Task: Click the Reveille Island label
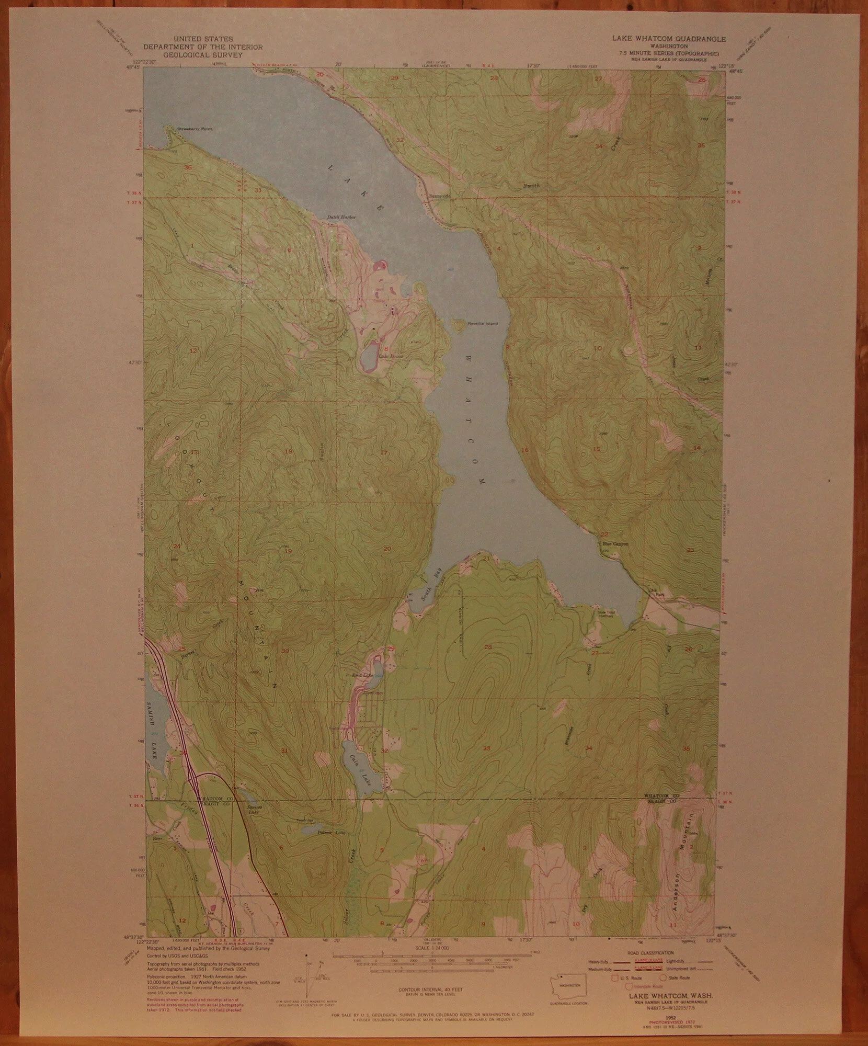click(483, 323)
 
